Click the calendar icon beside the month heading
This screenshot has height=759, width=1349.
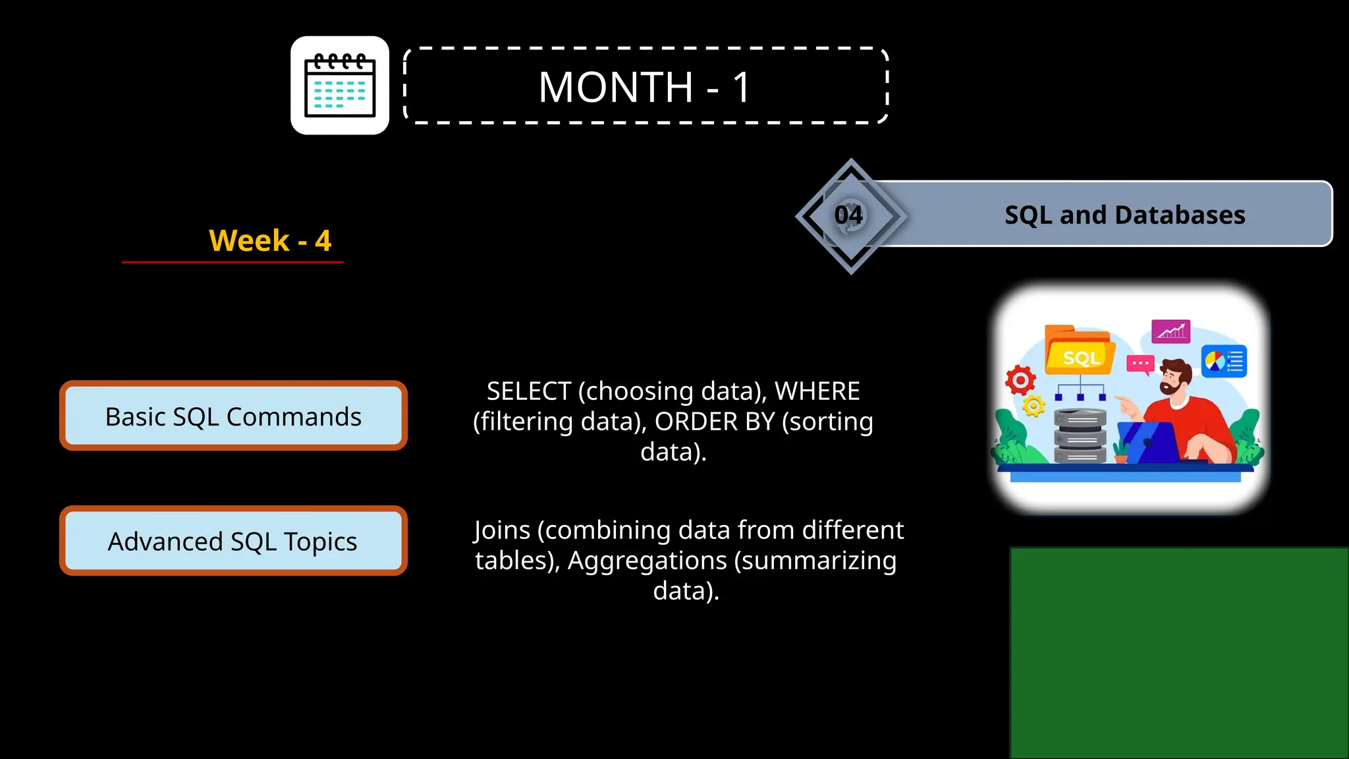[x=340, y=86]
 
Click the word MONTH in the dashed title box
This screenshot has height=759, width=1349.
[x=615, y=87]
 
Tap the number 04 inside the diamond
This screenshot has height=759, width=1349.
[x=848, y=215]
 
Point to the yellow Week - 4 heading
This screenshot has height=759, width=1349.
[x=270, y=240]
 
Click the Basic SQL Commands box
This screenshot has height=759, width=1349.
[x=233, y=416]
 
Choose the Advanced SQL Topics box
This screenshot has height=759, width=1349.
[x=233, y=541]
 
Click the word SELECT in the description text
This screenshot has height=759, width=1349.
[x=528, y=391]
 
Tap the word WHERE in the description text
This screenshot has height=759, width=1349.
[x=817, y=391]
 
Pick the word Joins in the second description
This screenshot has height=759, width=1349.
[x=502, y=530]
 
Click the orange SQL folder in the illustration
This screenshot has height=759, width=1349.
[x=1080, y=353]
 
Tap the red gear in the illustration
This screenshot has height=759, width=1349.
[x=1020, y=380]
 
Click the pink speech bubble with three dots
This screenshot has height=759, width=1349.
[x=1140, y=364]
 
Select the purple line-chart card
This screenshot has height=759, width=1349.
[x=1170, y=331]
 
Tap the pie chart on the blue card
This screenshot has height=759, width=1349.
[x=1214, y=361]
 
